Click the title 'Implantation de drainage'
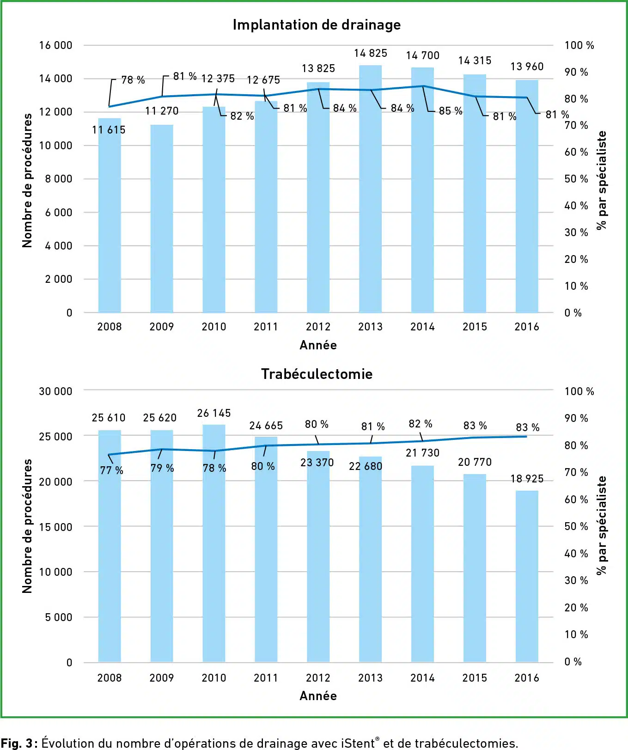(x=317, y=24)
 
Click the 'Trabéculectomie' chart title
(x=317, y=374)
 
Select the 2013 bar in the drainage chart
(x=370, y=194)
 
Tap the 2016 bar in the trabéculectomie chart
(x=527, y=578)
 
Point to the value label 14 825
(x=370, y=53)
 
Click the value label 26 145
(x=213, y=413)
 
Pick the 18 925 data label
(x=527, y=479)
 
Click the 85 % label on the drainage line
(x=450, y=111)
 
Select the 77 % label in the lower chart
(x=111, y=470)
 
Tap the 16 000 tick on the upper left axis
(x=55, y=45)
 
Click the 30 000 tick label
(x=55, y=391)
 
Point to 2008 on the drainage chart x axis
(x=110, y=327)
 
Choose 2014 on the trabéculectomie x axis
(x=422, y=678)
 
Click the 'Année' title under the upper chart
(x=318, y=345)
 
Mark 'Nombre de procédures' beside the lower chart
(x=27, y=526)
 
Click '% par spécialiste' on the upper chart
(x=601, y=180)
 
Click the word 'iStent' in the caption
(x=358, y=743)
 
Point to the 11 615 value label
(x=109, y=130)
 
